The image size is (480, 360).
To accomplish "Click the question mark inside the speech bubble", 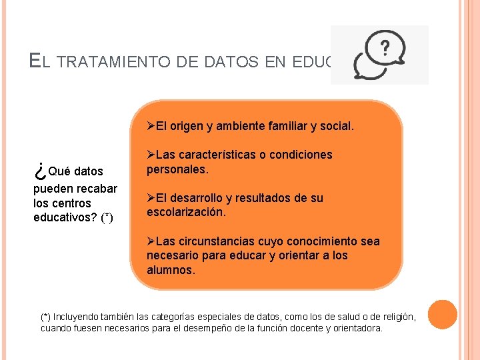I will tap(385, 47).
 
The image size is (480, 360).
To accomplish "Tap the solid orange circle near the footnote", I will tap(442, 315).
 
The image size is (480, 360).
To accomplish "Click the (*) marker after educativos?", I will tap(107, 218).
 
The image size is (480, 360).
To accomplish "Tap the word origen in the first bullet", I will tap(191, 125).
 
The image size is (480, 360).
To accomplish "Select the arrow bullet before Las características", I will tap(151, 155).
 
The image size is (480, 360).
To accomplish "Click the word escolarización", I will tap(186, 213).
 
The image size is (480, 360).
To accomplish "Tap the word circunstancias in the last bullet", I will tap(215, 241).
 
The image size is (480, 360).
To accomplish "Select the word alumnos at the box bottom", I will tap(171, 271).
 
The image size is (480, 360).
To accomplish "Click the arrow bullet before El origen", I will tap(151, 125).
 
